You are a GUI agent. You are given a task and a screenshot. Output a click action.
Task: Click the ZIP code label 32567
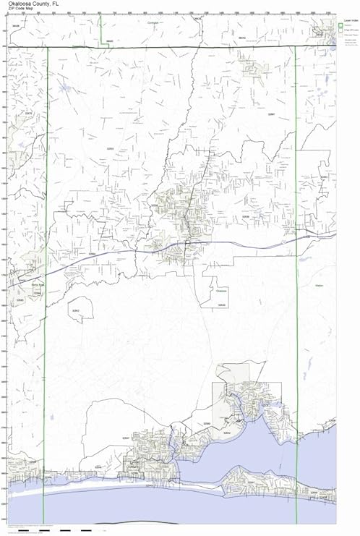[x=271, y=114]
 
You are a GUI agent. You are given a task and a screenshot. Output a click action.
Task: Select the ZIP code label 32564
[x=91, y=255]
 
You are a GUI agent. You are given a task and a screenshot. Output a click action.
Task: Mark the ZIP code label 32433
[x=324, y=176]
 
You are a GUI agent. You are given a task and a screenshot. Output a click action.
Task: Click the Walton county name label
[x=319, y=287]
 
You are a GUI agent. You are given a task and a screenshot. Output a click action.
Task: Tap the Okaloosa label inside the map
[x=221, y=290]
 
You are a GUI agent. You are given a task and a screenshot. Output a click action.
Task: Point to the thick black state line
[x=181, y=47]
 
